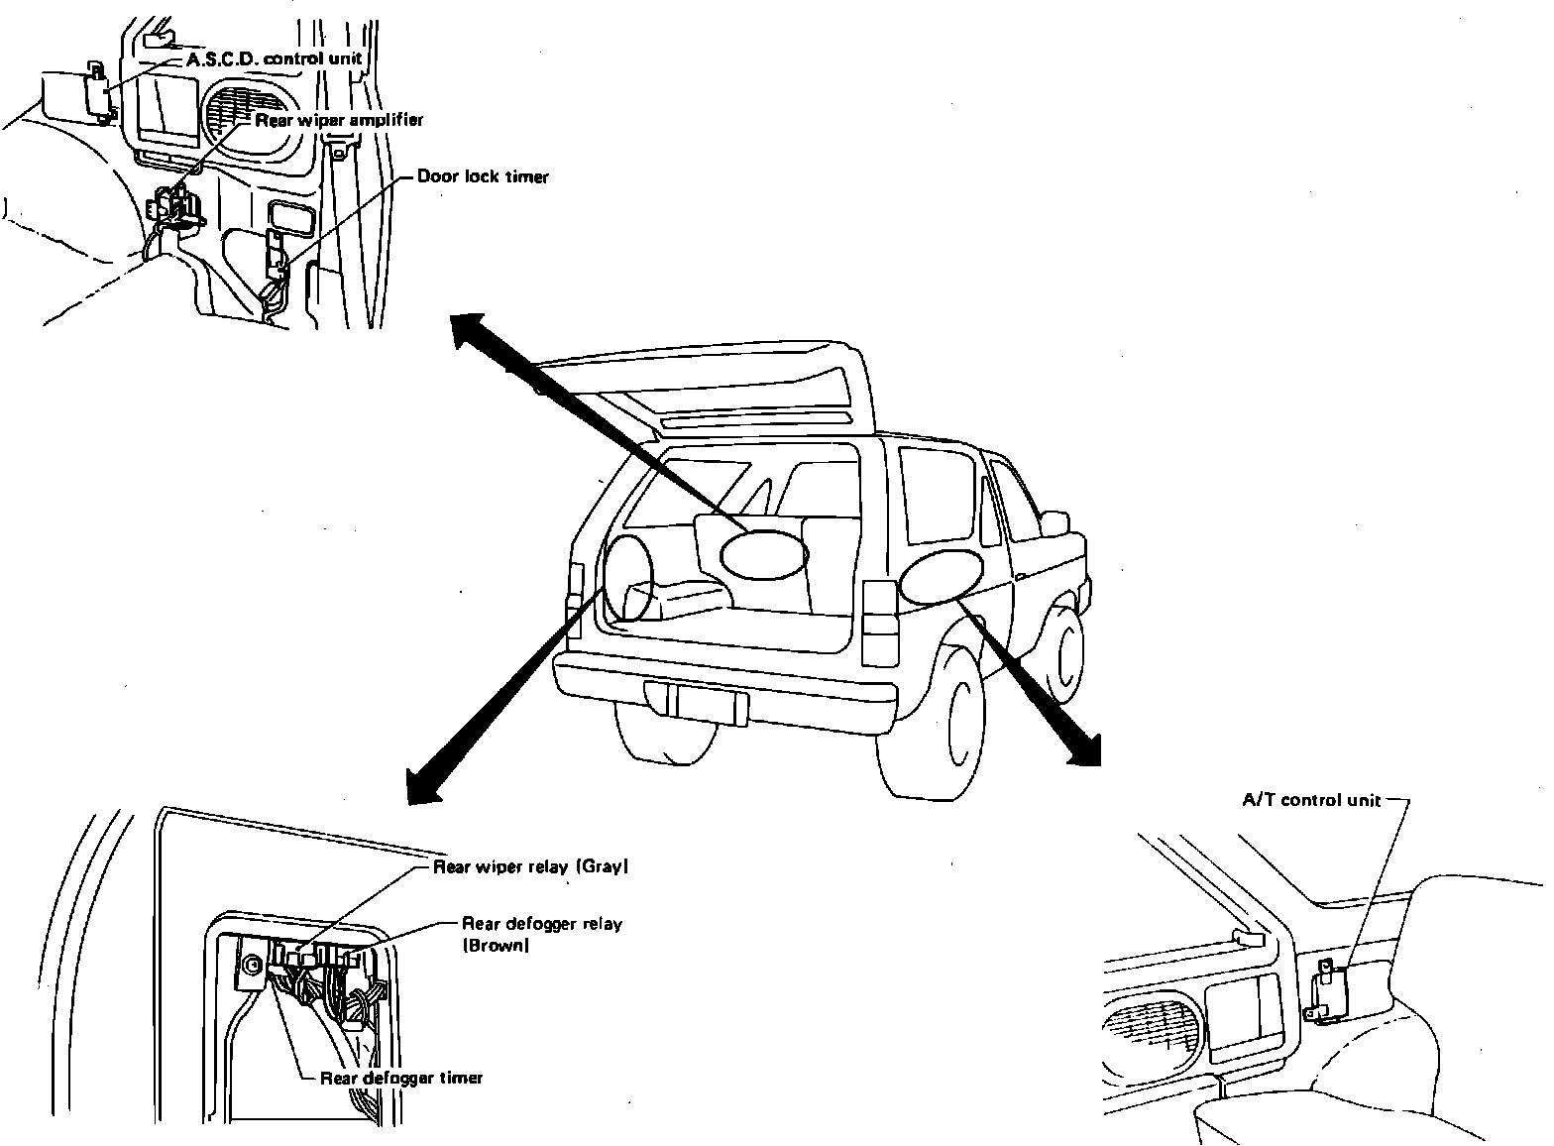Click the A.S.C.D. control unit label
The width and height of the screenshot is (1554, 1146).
point(274,58)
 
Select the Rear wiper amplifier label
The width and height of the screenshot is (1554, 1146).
point(339,120)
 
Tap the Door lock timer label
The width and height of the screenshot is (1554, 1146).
point(482,176)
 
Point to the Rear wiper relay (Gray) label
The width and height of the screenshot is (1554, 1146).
point(531,866)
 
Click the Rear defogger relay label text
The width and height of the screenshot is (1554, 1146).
point(542,924)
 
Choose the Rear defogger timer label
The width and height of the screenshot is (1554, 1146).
point(401,1078)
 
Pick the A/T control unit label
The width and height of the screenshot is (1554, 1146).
point(1311,800)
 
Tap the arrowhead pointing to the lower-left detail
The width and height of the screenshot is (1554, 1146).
point(423,788)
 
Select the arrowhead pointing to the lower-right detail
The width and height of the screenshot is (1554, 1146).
point(1084,749)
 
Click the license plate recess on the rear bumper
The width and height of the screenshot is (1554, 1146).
point(696,703)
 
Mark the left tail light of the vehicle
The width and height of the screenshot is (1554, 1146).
point(575,590)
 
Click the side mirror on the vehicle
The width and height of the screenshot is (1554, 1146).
point(1055,522)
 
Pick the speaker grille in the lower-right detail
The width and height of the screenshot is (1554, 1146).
point(1152,1034)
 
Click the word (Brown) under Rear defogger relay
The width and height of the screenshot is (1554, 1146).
point(496,946)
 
